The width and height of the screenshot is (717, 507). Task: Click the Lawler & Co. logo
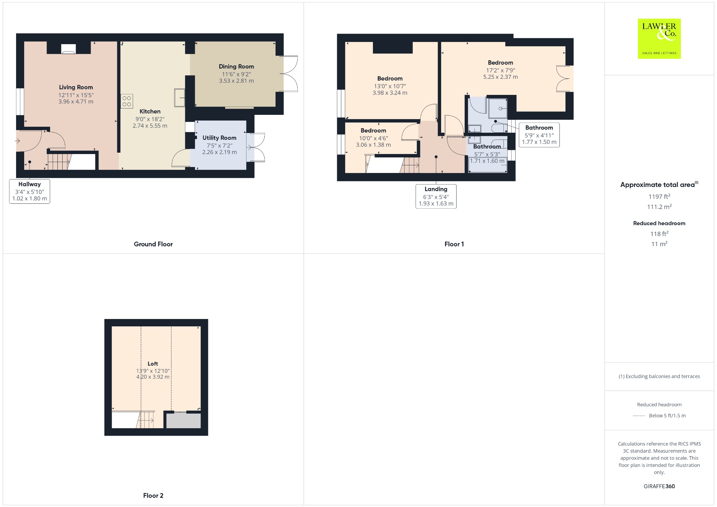click(x=659, y=39)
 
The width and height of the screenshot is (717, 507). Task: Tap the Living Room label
click(x=76, y=88)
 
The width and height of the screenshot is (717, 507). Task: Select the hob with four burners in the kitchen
click(x=127, y=101)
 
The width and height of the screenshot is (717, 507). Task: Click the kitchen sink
click(x=180, y=98)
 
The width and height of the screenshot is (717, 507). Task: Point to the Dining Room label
click(x=236, y=67)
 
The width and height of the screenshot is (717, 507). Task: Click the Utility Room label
click(x=220, y=138)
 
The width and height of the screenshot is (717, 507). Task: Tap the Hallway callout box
click(x=30, y=191)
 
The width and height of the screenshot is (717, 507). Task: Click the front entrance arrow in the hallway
click(x=18, y=141)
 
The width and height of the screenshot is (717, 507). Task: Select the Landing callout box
click(x=436, y=196)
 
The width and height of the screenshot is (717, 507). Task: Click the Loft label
click(x=153, y=364)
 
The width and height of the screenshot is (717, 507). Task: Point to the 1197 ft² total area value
click(x=659, y=196)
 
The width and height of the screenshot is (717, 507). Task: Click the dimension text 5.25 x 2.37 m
click(x=501, y=77)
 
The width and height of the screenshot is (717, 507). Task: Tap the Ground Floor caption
click(x=153, y=244)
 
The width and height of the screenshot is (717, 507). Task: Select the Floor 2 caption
click(x=153, y=495)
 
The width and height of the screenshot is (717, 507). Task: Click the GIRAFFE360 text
click(x=659, y=486)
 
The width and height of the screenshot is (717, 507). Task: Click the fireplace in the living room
click(x=69, y=49)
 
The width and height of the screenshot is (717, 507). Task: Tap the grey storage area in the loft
click(x=183, y=421)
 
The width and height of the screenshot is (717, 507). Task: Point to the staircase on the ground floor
click(x=59, y=161)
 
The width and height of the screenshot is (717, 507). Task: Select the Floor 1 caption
click(x=454, y=244)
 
